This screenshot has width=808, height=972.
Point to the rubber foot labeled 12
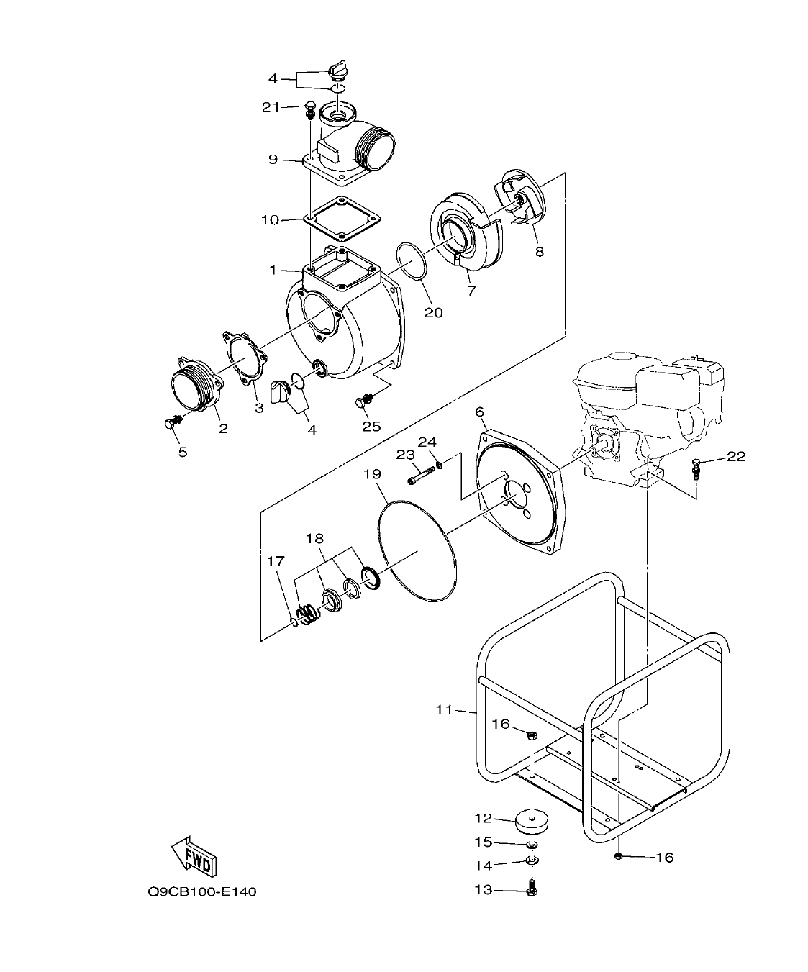coord(532,820)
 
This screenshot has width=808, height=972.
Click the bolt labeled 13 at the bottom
coord(532,888)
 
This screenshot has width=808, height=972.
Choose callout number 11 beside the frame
coord(444,710)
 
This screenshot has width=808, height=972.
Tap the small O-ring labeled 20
coord(412,260)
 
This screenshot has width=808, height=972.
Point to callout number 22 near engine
coord(736,456)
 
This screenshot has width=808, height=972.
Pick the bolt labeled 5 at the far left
coord(171,424)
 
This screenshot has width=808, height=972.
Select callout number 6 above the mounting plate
coord(480,412)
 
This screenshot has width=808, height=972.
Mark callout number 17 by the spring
coord(276,560)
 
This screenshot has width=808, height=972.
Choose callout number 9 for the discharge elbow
coord(273,159)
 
